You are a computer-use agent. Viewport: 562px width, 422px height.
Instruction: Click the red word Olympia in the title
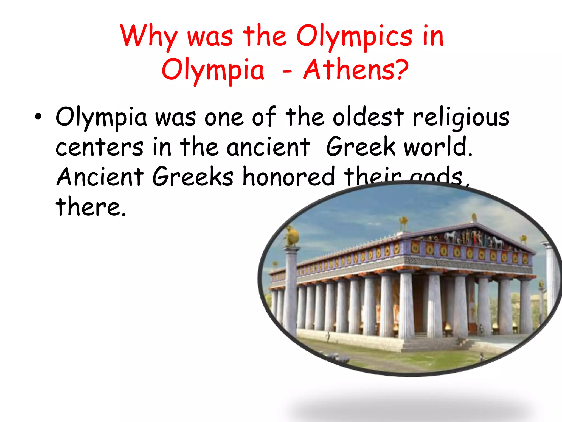point(213,71)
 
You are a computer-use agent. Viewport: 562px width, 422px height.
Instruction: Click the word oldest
point(368,117)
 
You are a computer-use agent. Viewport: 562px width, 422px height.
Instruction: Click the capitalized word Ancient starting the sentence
point(100,176)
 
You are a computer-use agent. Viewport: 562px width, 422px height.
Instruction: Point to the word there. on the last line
point(91,207)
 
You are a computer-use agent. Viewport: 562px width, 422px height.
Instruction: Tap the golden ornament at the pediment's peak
point(473,217)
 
